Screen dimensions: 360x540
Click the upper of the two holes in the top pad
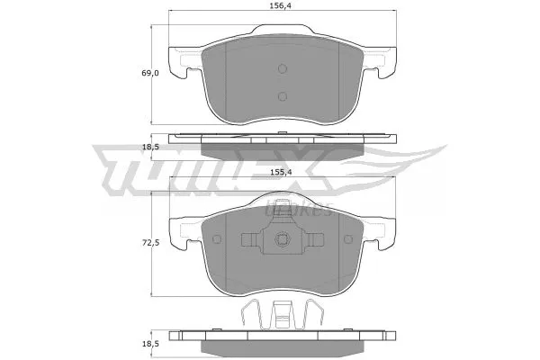(x=283, y=70)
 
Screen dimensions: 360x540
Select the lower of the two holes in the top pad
(x=283, y=97)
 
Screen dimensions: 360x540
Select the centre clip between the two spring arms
(x=283, y=315)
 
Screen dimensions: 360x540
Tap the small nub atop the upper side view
(x=283, y=134)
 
